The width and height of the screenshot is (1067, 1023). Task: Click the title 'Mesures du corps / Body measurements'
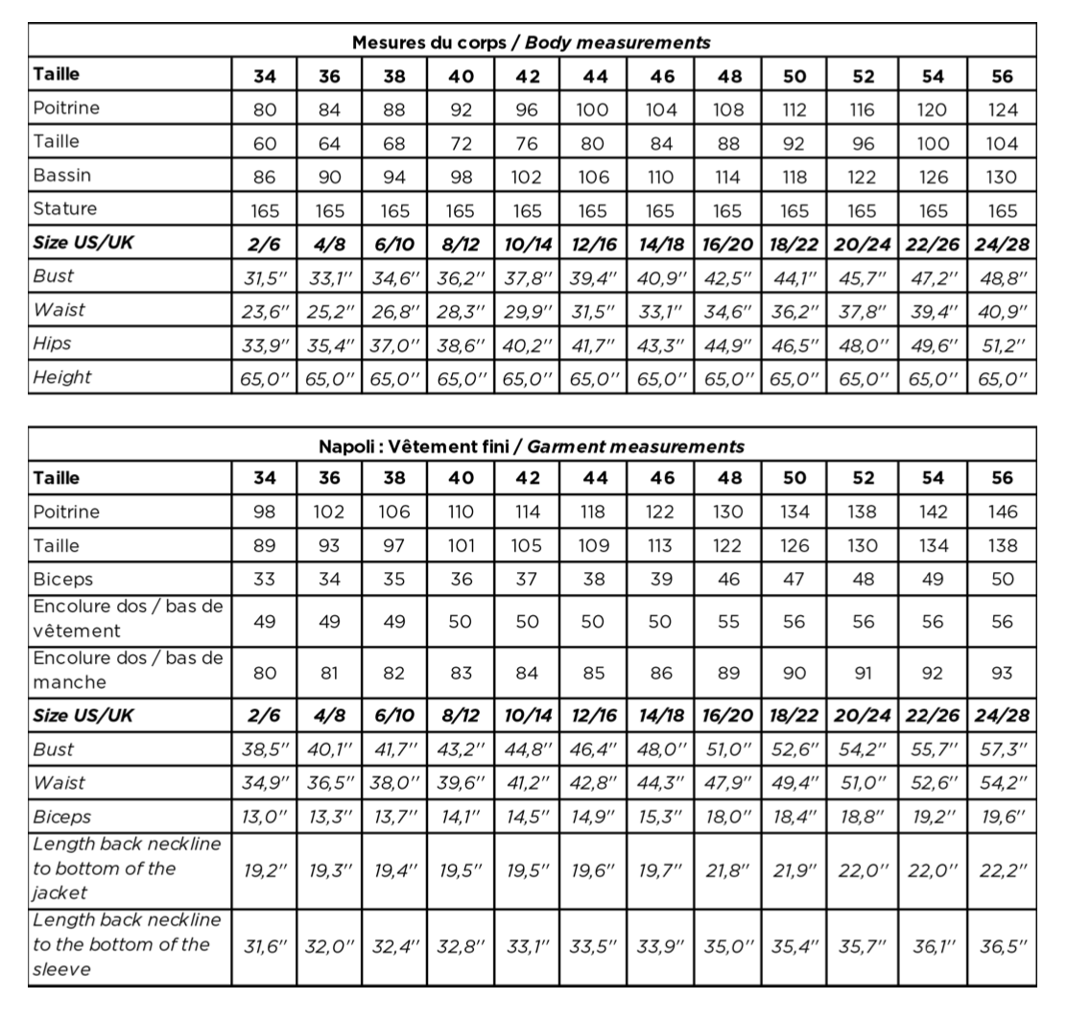pyautogui.click(x=531, y=42)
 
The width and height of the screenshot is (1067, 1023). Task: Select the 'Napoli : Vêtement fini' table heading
pyautogui.click(x=531, y=446)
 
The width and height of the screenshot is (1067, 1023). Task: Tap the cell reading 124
pyautogui.click(x=1003, y=109)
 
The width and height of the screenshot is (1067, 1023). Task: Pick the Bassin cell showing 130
pyautogui.click(x=1003, y=177)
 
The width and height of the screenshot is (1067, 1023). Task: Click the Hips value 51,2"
pyautogui.click(x=1003, y=344)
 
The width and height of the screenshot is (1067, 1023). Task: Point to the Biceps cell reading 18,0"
pyautogui.click(x=727, y=817)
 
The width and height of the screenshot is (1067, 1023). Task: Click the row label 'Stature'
pyautogui.click(x=65, y=208)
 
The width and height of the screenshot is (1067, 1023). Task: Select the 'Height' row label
pyautogui.click(x=62, y=377)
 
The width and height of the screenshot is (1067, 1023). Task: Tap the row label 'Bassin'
pyautogui.click(x=63, y=176)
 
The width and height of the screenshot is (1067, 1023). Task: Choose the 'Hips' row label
pyautogui.click(x=53, y=343)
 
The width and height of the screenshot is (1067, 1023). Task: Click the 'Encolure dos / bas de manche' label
pyautogui.click(x=127, y=671)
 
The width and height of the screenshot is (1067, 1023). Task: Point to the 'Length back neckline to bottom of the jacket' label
pyautogui.click(x=127, y=868)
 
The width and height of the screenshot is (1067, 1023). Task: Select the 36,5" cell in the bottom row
pyautogui.click(x=1003, y=945)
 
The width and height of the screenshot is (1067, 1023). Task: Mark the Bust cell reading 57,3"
pyautogui.click(x=1003, y=749)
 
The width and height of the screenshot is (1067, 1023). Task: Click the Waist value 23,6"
pyautogui.click(x=265, y=311)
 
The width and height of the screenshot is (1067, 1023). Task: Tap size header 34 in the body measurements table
pyautogui.click(x=265, y=77)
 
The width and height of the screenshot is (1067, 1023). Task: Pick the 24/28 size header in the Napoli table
pyautogui.click(x=1003, y=716)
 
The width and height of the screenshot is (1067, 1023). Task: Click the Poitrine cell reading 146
pyautogui.click(x=1003, y=512)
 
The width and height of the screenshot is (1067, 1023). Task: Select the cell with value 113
pyautogui.click(x=661, y=546)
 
